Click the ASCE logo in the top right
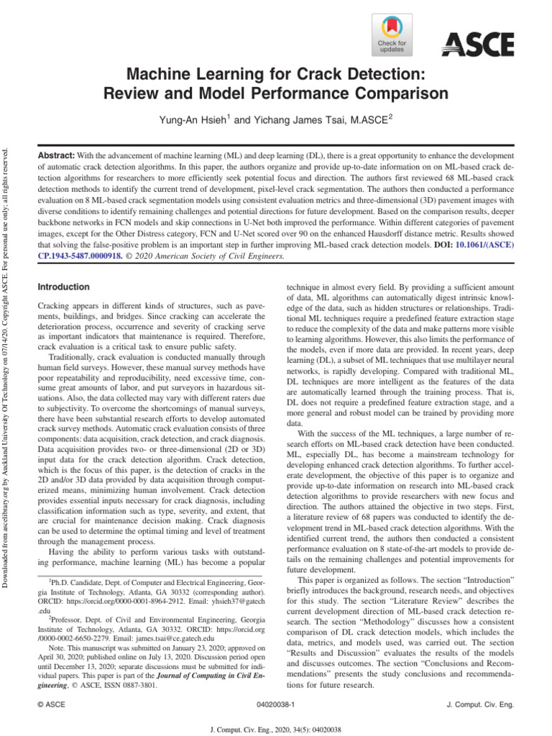tap(477, 45)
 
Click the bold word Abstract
tap(55, 156)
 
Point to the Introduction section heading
tap(64, 287)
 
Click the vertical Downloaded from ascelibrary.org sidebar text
tap(8, 359)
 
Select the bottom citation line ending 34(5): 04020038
tap(275, 729)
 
